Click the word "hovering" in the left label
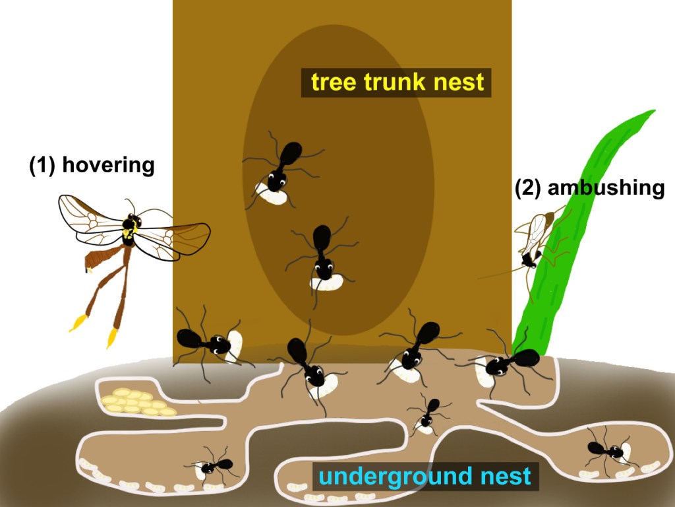(108, 165)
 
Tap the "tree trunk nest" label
(397, 83)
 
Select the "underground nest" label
(425, 476)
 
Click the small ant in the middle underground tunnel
(429, 413)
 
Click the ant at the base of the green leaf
(511, 363)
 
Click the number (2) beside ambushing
(527, 187)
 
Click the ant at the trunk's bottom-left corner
(201, 341)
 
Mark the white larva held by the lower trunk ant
(328, 283)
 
